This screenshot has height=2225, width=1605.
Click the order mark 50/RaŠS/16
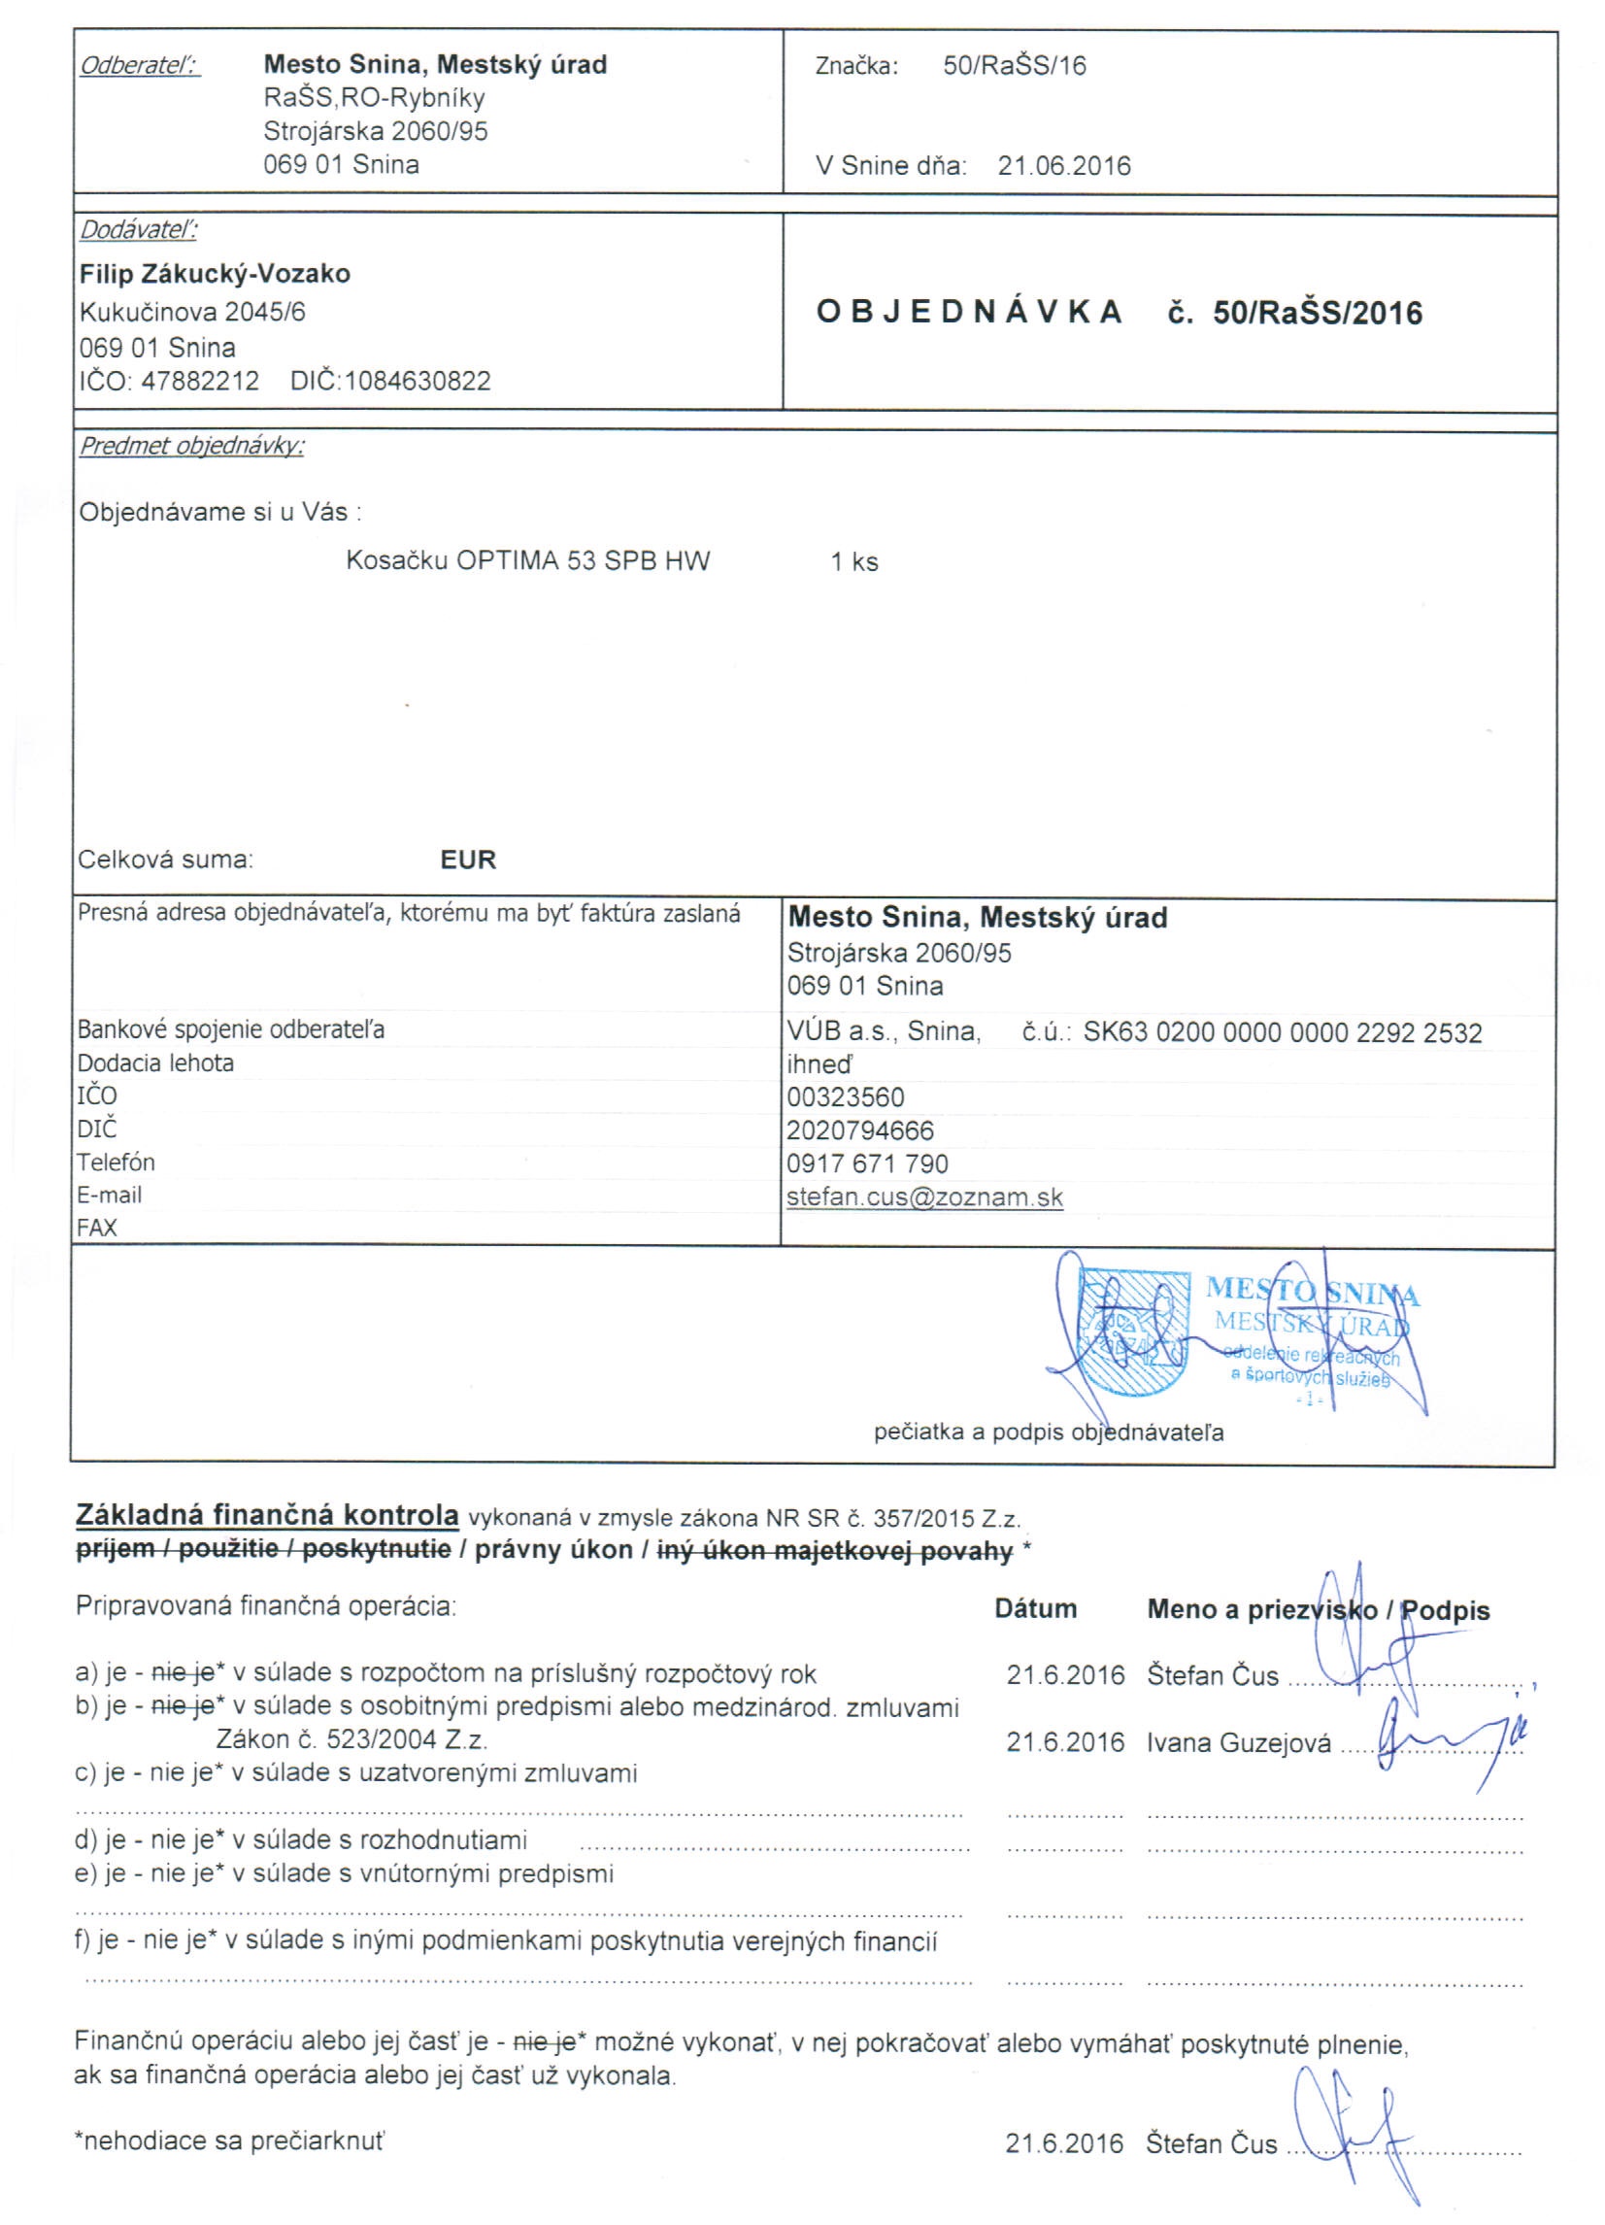click(1015, 66)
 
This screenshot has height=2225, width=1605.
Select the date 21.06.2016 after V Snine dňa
click(1063, 166)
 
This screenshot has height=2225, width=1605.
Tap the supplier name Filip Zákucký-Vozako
click(215, 274)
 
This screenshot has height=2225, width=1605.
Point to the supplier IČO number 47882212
click(200, 381)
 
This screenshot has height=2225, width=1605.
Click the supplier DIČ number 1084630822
click(417, 381)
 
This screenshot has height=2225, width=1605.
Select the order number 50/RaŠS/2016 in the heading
click(1317, 313)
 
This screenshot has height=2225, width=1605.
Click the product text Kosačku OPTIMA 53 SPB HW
click(528, 561)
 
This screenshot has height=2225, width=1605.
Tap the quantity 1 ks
click(853, 562)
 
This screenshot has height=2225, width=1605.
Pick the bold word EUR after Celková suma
click(468, 860)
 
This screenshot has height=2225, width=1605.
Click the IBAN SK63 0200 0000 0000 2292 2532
click(1282, 1032)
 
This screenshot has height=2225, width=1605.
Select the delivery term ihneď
click(819, 1064)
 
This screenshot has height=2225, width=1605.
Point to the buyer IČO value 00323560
click(845, 1096)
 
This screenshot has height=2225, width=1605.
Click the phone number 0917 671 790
click(867, 1163)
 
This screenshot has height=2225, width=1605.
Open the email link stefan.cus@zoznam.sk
click(924, 1197)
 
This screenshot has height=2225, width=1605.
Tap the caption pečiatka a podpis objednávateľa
click(1048, 1433)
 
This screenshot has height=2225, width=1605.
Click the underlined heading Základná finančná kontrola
click(267, 1515)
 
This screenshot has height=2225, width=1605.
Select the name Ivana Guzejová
click(1238, 1742)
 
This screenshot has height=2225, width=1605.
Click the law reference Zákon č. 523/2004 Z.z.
click(351, 1739)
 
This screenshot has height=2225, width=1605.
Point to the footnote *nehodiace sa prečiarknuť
click(229, 2140)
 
